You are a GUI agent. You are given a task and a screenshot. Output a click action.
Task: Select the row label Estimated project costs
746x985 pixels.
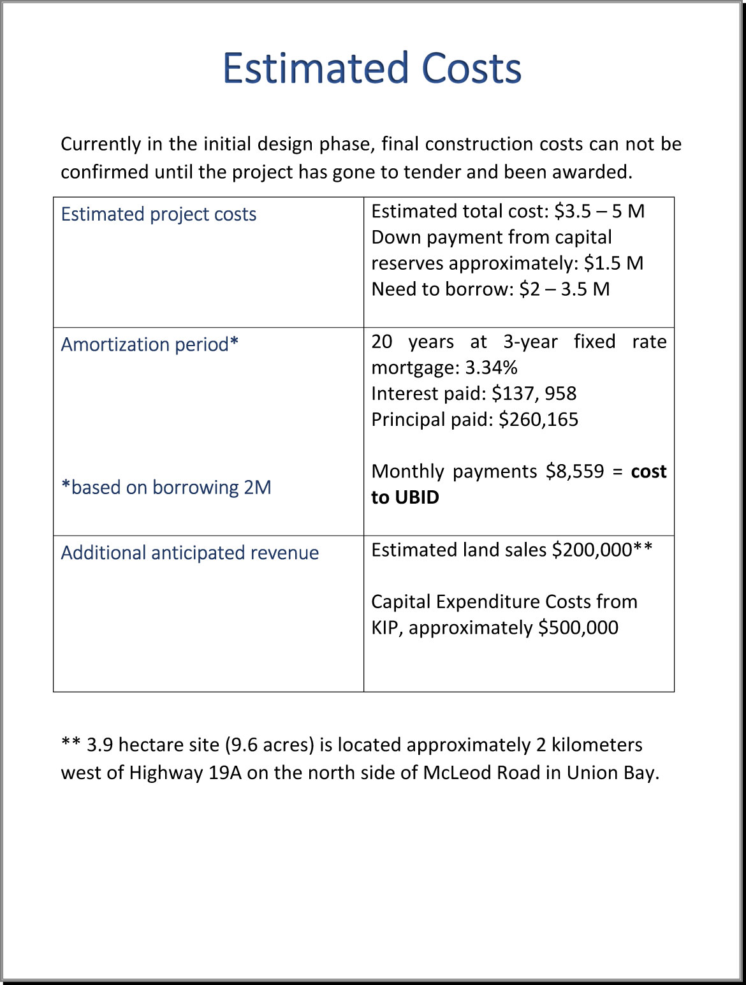(x=159, y=214)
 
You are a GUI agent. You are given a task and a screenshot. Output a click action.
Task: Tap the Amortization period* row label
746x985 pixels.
(x=150, y=344)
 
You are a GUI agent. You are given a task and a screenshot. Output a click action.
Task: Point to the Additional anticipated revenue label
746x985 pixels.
(x=190, y=553)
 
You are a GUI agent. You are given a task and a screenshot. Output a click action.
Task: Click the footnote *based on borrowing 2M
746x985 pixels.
(x=166, y=487)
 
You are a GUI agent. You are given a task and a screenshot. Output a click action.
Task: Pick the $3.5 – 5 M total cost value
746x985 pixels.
(x=599, y=211)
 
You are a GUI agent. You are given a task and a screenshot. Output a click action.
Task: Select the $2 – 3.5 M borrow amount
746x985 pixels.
(x=564, y=289)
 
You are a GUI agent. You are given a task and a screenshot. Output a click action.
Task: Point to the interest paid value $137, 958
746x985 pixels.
(x=534, y=393)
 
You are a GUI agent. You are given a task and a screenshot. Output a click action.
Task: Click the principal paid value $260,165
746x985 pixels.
(x=538, y=420)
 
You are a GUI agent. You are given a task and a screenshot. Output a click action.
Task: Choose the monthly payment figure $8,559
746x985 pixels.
(x=574, y=471)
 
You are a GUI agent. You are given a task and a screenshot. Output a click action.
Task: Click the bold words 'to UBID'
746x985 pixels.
(x=406, y=497)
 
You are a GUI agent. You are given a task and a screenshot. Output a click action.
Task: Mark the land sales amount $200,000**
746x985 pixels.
(x=602, y=550)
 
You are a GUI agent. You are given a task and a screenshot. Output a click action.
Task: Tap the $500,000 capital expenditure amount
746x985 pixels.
(x=578, y=627)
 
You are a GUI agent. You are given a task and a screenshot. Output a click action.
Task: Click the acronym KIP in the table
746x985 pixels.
(x=386, y=627)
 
